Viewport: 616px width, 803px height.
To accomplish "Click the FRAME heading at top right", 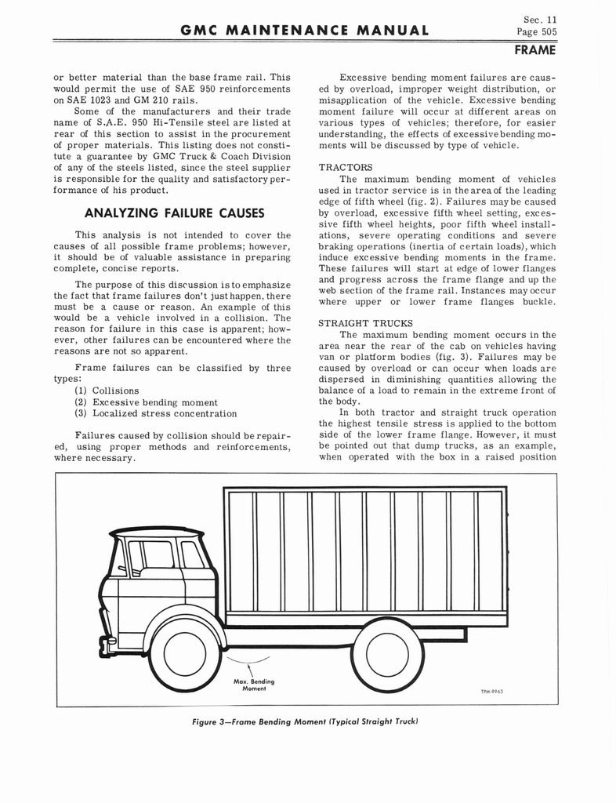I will click(x=534, y=50).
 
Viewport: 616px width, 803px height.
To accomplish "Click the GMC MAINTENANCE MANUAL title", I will click(x=305, y=31).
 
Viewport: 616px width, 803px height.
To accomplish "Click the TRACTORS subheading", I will click(x=346, y=167).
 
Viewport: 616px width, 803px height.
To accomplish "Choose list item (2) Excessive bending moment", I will click(x=146, y=402).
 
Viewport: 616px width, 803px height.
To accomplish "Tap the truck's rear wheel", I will click(x=388, y=655).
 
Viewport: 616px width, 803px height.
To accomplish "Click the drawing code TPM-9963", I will click(x=491, y=692).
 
